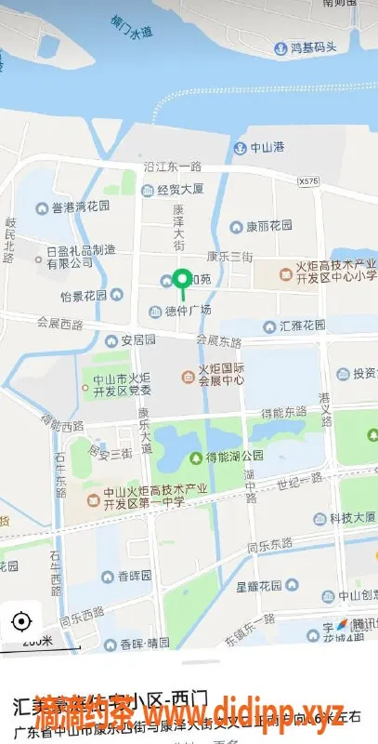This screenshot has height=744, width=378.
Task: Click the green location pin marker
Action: pyautogui.click(x=183, y=279)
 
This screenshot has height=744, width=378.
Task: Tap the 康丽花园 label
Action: pyautogui.click(x=267, y=226)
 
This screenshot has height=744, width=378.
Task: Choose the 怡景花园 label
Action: pyautogui.click(x=90, y=296)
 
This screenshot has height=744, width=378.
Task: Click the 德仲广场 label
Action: pyautogui.click(x=187, y=310)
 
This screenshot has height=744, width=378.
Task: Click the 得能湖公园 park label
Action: pyautogui.click(x=234, y=458)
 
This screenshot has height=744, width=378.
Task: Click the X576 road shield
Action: pyautogui.click(x=309, y=181)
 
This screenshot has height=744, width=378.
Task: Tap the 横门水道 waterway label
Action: pyautogui.click(x=130, y=26)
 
